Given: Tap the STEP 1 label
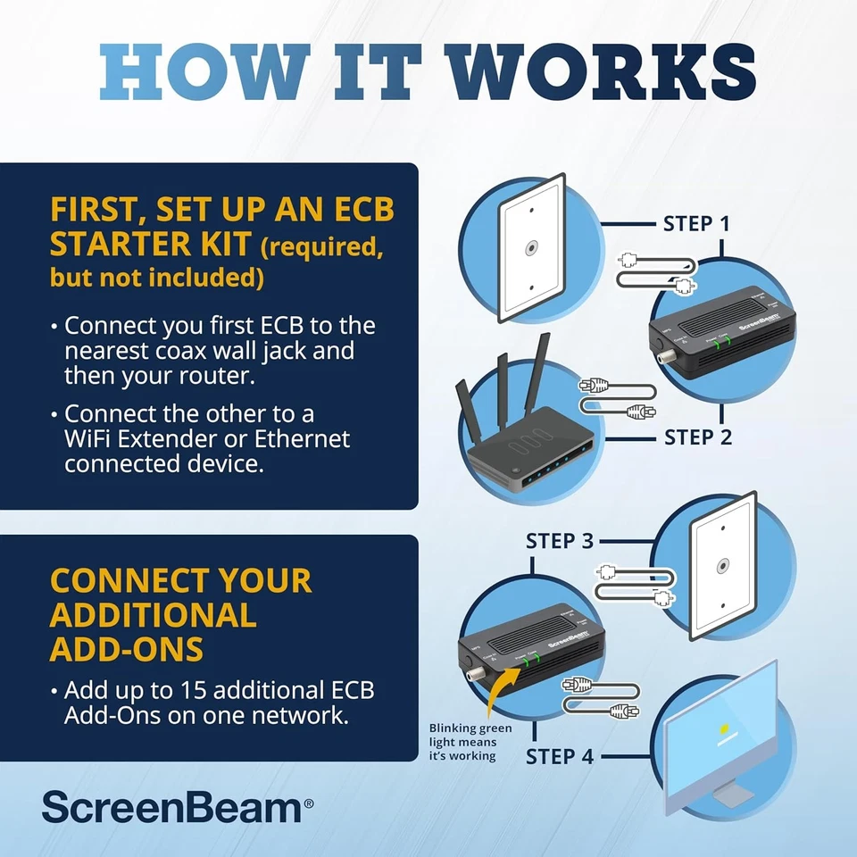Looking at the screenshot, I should (x=696, y=223).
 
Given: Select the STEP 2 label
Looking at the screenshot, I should (x=698, y=437).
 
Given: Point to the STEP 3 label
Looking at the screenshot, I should (x=559, y=541).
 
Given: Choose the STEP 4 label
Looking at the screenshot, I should (x=559, y=756).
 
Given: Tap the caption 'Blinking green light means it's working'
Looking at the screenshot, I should (x=470, y=742).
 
